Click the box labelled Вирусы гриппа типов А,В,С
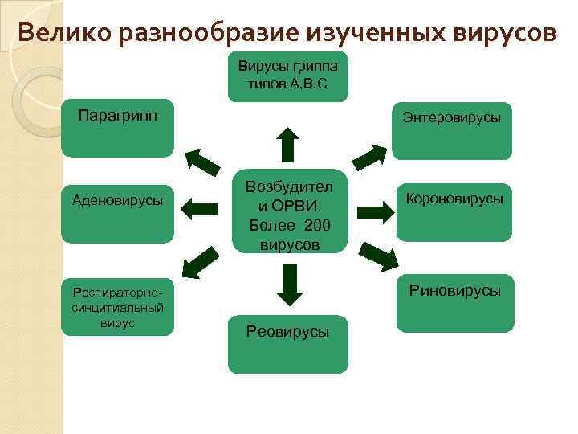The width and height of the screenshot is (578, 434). click(287, 76)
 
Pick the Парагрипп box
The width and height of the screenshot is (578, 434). click(117, 129)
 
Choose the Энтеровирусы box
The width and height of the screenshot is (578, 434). click(451, 129)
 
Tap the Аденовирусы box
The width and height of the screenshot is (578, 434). click(117, 213)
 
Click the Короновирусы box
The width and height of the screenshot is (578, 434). click(454, 212)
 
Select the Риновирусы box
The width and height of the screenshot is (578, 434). click(454, 303)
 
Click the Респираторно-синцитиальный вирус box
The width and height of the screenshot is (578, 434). click(117, 305)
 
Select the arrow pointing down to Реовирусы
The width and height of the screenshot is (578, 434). click(287, 283)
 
